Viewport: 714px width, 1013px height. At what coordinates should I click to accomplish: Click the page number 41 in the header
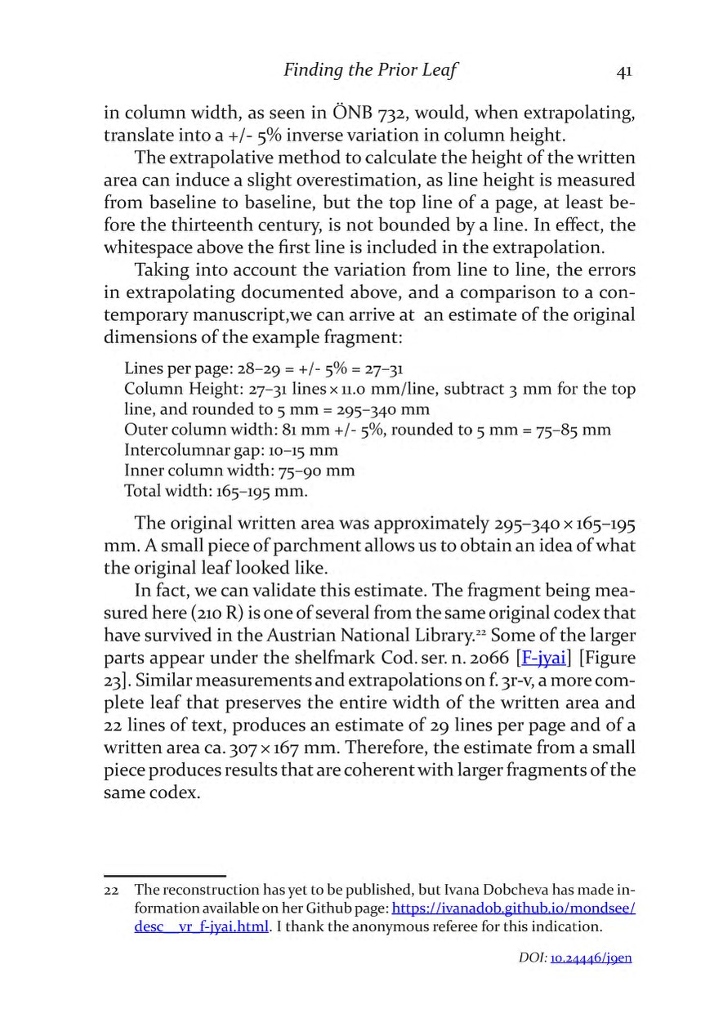623,71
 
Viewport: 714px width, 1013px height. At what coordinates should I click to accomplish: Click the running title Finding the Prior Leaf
369,70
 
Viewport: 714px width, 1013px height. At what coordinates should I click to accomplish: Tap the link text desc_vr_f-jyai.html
201,926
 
